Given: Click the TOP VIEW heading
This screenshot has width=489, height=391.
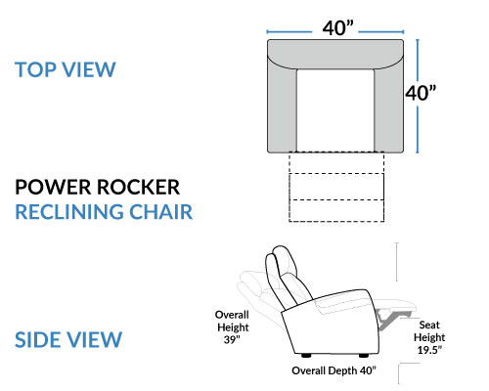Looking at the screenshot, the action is point(66,69).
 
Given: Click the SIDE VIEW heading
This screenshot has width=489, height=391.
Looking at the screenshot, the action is point(68,339).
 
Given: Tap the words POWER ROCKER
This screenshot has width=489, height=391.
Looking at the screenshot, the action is point(98,187).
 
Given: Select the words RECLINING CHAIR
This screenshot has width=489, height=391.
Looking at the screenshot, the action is point(104,212).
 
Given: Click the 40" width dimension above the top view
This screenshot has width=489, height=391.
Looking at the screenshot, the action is point(338,28).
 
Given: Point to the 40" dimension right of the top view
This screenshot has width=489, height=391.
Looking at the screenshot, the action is point(421,93).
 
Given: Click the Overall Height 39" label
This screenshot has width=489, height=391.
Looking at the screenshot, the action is point(232,327).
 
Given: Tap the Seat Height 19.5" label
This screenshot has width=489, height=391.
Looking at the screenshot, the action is point(429,337).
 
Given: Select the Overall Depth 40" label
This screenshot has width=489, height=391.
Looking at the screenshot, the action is point(333,370).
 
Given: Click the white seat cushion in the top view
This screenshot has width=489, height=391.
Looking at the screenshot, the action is point(335,110).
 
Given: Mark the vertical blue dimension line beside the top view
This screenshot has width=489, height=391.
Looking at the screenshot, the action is point(418,96).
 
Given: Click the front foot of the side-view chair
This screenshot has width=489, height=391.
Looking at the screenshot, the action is point(364,356).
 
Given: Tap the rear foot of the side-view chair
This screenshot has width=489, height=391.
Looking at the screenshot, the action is point(306,356).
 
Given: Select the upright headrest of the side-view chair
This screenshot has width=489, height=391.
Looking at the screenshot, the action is point(281,264).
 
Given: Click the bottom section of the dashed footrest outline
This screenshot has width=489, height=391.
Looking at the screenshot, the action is point(336,211).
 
